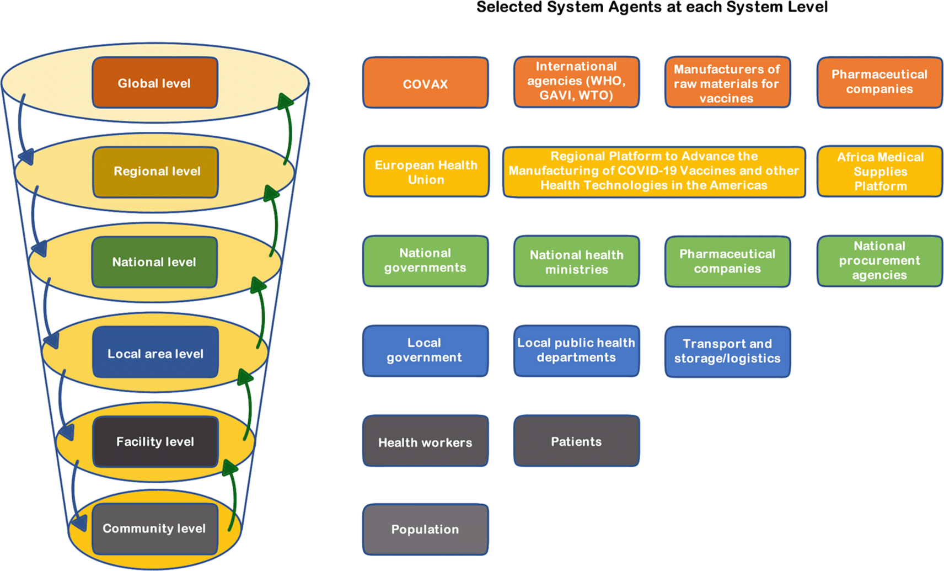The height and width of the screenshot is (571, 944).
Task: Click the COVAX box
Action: (425, 83)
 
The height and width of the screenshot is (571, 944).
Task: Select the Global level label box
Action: (155, 83)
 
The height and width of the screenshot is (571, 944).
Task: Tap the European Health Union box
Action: (426, 172)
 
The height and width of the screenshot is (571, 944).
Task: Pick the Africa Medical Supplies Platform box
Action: (879, 172)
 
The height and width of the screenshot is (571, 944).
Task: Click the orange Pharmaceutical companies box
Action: (879, 82)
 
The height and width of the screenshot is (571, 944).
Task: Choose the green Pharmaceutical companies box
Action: (727, 262)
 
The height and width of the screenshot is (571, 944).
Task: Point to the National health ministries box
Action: (576, 262)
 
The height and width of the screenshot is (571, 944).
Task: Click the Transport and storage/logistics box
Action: (727, 351)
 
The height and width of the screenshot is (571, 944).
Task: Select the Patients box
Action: (576, 441)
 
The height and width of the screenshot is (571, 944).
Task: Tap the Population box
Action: (425, 529)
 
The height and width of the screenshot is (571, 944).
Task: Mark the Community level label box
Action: (155, 529)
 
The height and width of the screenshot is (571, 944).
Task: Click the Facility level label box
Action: (155, 441)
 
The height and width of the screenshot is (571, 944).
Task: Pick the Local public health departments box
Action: (576, 351)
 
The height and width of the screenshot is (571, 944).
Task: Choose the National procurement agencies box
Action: (879, 261)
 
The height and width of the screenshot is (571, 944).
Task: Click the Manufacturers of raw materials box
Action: (727, 82)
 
